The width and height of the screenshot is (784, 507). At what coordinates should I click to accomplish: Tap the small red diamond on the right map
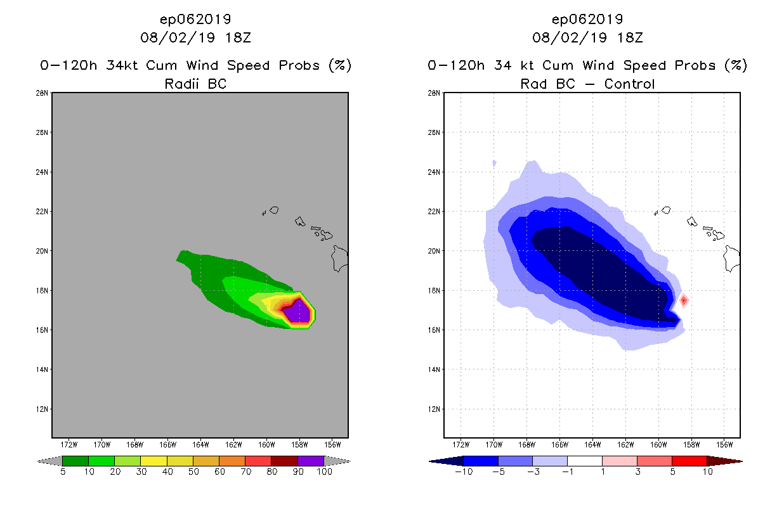point(684,300)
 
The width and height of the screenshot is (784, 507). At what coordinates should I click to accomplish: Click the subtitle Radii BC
point(195,84)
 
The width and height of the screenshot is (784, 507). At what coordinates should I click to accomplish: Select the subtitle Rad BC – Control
point(587,84)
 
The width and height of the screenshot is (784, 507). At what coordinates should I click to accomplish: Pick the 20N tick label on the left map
point(43,251)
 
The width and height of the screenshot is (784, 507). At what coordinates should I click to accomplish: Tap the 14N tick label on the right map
point(435,369)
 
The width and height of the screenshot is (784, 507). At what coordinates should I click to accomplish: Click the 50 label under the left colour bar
point(193,472)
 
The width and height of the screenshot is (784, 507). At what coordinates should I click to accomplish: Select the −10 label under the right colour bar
point(463,472)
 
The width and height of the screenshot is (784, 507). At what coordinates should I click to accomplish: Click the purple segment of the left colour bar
point(311,461)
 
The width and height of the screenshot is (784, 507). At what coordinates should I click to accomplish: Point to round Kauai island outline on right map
point(666,210)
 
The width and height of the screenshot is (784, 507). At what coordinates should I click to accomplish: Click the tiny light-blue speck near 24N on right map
point(494,164)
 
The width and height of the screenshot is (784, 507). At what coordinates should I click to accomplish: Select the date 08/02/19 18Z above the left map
point(195,38)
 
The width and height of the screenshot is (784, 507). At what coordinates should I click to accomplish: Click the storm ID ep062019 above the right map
point(587,19)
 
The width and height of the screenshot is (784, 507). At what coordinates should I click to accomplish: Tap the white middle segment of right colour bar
point(584,461)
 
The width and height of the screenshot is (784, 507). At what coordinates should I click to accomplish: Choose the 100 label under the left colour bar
point(324,472)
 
